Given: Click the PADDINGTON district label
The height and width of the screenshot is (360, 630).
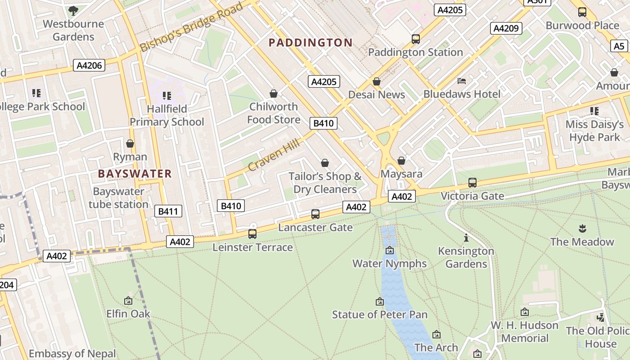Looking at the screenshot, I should (x=310, y=43).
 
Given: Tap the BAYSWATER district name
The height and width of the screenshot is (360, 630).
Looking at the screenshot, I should (x=135, y=174).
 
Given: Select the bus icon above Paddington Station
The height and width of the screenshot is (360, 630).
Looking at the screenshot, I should (x=416, y=39).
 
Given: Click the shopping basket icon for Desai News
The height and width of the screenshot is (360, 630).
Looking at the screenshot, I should (x=377, y=81).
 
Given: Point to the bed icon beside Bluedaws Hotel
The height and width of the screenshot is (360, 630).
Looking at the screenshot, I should (x=462, y=81).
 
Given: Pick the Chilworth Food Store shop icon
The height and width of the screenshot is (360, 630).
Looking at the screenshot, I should (x=273, y=94).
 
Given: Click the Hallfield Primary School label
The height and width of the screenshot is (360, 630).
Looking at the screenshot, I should (x=166, y=115).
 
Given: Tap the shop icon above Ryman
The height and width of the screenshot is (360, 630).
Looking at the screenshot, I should (x=130, y=144).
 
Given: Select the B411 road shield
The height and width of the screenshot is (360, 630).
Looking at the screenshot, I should (x=168, y=211).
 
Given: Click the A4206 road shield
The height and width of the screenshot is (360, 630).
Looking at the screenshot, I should (x=89, y=66).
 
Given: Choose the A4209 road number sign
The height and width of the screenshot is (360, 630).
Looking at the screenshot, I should (x=506, y=28).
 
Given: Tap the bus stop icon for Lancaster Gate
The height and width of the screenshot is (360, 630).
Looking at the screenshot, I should (x=315, y=214).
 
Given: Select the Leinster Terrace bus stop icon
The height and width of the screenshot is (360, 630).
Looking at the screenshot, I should (x=252, y=234).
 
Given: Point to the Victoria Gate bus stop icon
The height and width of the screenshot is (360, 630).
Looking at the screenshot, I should (x=472, y=183).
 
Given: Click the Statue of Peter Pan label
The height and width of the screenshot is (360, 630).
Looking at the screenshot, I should (x=380, y=315).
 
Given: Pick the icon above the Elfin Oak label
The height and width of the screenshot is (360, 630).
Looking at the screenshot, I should (x=128, y=301).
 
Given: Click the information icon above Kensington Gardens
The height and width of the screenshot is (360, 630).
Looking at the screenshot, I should (x=466, y=238).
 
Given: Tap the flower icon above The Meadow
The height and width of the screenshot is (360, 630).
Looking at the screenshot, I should (x=582, y=229).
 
